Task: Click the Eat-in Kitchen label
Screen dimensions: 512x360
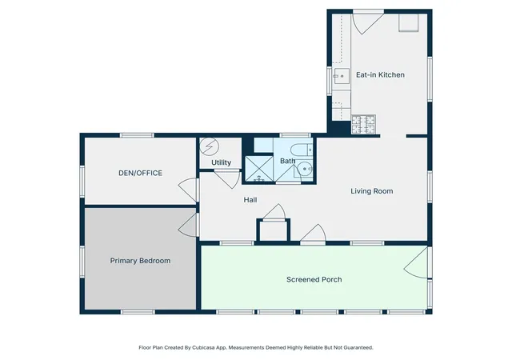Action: pos(380,75)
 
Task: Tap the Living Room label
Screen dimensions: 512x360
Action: pos(371,191)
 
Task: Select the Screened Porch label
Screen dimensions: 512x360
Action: pos(314,280)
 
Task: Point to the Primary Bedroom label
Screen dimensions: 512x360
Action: pos(140,261)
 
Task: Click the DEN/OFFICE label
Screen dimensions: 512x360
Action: pos(141,173)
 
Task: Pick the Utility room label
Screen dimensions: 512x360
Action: pos(221,162)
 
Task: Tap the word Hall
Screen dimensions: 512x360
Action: pos(250,200)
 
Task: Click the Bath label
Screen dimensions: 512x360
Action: pos(287,161)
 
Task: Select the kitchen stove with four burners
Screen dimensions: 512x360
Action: pos(363,124)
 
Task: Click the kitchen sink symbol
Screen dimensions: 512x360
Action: pos(342,76)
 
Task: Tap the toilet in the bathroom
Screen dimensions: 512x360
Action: pos(302,150)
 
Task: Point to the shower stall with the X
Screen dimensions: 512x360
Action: pos(259,169)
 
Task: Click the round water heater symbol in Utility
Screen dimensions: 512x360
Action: pos(208,146)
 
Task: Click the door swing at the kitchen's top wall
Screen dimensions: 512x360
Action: pos(367,23)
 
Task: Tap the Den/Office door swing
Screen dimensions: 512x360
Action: pos(189,190)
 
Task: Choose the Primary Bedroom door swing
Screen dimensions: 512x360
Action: pos(189,225)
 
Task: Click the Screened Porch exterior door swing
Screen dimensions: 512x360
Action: pos(416,262)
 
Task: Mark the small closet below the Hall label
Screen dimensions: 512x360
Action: pos(274,230)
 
